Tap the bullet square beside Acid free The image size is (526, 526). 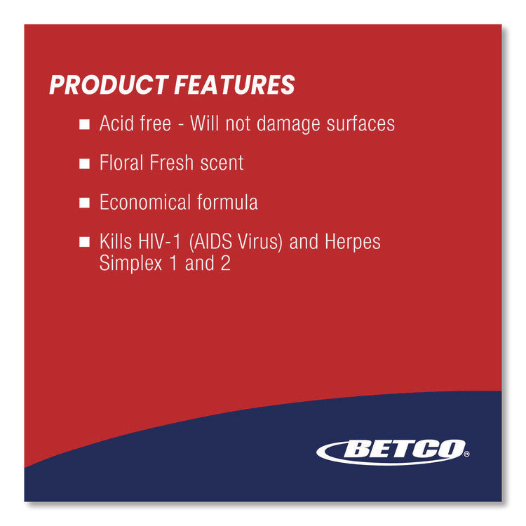84,125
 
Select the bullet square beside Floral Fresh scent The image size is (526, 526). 84,164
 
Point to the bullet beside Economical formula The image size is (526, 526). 84,203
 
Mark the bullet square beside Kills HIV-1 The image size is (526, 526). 84,243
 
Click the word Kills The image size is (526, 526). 117,242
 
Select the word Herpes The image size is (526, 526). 353,243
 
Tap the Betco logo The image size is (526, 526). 390,450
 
